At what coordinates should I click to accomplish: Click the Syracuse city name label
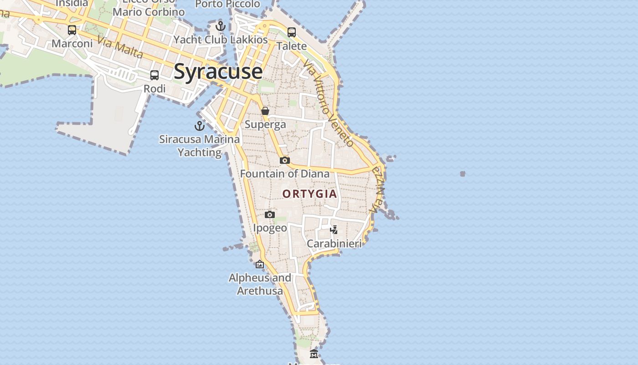[218, 72]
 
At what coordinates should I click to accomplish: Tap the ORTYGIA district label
[310, 194]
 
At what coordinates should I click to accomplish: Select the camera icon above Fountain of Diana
[285, 160]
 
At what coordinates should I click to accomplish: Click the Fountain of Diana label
[285, 174]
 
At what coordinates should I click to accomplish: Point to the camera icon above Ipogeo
[270, 214]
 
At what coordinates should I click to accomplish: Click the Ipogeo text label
[270, 228]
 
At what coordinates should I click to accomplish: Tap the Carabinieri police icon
[334, 229]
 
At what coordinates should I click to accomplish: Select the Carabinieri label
[334, 244]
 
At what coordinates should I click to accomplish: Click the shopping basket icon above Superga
[265, 111]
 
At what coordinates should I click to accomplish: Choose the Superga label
[265, 124]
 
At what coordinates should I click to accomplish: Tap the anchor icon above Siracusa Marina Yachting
[200, 125]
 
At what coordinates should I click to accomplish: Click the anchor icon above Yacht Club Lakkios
[221, 26]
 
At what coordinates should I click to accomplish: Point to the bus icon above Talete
[292, 32]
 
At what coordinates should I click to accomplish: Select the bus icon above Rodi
[154, 75]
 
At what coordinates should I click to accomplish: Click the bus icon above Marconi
[72, 30]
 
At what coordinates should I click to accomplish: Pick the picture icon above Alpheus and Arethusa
[260, 264]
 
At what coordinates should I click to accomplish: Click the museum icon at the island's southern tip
[314, 354]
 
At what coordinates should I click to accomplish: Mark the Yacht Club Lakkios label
[221, 40]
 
